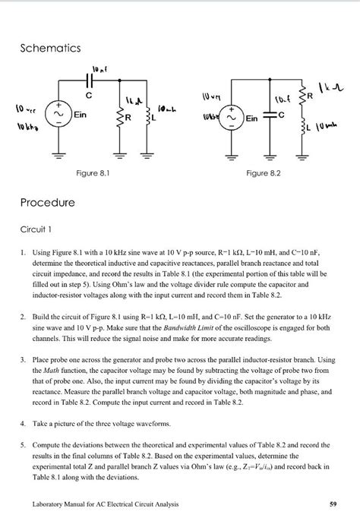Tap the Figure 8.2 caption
[264, 173]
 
